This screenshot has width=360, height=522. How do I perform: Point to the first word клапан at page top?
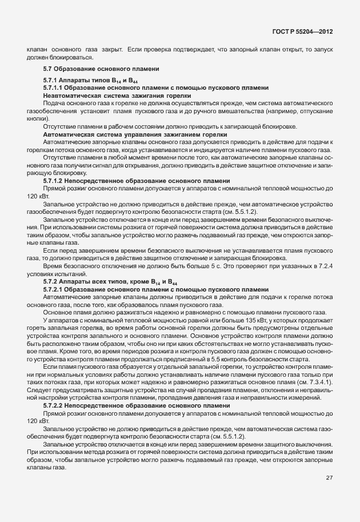[36, 50]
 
